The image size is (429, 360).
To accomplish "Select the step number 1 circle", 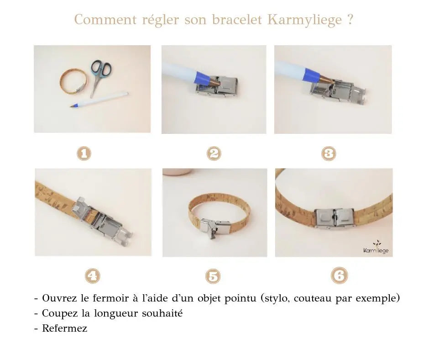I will [84, 153].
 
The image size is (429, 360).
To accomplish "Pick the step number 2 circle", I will [214, 153].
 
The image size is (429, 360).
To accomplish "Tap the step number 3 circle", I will [329, 153].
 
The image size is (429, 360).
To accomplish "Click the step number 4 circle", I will [93, 275].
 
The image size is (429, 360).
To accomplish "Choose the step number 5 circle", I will [213, 276].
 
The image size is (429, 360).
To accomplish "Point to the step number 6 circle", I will [339, 275].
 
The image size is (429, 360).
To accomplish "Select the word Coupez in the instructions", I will [57, 313].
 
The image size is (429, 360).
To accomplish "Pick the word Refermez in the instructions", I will [64, 328].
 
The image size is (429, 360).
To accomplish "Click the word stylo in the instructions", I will [276, 299].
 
